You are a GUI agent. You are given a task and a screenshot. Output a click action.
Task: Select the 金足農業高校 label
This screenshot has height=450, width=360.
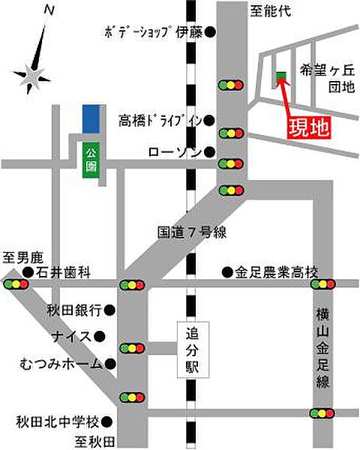(277, 271)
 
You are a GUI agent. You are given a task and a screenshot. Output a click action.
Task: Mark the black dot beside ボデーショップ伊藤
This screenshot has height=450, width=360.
(211, 32)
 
